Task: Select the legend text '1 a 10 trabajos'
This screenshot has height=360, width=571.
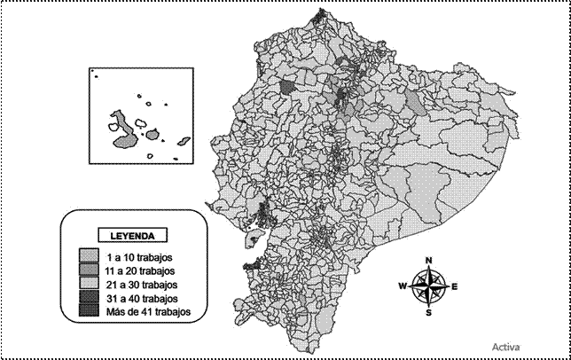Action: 134,257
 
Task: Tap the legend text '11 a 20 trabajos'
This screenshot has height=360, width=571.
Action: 137,270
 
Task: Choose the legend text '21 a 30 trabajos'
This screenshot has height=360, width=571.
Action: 137,285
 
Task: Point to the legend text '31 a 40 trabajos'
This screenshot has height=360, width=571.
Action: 137,299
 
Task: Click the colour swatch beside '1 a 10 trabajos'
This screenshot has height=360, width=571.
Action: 86,257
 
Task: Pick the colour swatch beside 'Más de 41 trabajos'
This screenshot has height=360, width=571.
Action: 86,312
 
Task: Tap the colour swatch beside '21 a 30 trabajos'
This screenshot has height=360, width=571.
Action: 86,285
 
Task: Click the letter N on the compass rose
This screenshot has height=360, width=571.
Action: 429,261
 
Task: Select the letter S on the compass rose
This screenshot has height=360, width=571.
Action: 429,312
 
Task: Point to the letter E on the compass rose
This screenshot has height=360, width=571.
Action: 454,286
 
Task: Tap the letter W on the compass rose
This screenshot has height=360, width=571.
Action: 402,286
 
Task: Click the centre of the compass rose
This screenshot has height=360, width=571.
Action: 429,286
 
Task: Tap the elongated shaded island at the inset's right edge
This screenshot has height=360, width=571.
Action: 184,141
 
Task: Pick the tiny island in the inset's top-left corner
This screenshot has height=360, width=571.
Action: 93,75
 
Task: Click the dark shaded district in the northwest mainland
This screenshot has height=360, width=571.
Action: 287,87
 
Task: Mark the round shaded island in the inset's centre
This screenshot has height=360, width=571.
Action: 153,136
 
